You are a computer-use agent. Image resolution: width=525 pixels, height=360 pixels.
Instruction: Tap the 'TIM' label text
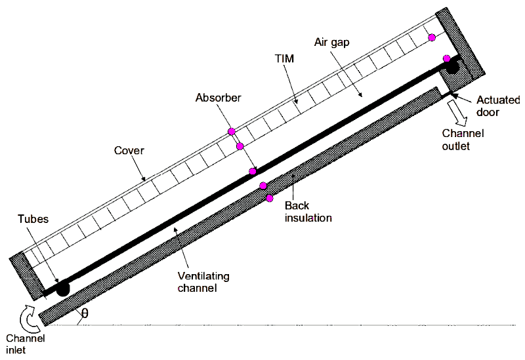click(284, 59)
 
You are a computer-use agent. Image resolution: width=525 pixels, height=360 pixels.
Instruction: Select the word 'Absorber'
click(218, 98)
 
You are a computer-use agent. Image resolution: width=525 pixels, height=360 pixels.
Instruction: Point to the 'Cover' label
click(129, 151)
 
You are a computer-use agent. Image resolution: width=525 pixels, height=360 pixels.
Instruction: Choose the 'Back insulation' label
click(307, 211)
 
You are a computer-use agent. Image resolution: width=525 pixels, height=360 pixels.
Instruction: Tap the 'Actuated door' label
click(497, 106)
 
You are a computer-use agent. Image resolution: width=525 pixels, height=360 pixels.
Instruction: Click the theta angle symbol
click(84, 315)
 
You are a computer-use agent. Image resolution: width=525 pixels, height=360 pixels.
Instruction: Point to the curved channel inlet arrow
click(27, 318)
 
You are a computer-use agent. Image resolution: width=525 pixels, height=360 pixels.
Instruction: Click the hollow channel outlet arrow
click(459, 113)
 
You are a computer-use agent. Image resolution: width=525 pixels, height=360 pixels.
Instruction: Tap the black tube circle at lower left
click(62, 288)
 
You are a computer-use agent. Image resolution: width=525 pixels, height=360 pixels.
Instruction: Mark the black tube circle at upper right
click(452, 66)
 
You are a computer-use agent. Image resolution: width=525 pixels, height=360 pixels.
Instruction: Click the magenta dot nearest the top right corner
click(432, 37)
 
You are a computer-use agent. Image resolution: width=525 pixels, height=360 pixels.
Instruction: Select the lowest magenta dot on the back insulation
click(269, 198)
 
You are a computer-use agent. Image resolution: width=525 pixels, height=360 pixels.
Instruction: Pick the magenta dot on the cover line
click(231, 132)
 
